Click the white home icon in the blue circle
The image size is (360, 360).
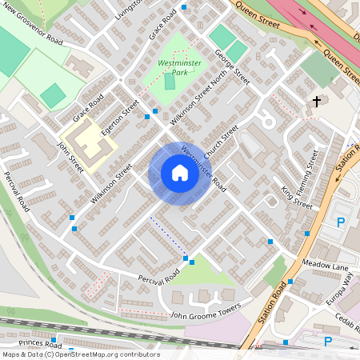180,173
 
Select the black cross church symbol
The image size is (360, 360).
317,102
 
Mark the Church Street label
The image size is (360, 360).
221,142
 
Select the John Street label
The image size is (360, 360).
70,155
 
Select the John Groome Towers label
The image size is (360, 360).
205,310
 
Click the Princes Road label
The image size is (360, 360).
40,343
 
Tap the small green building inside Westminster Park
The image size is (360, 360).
170,82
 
